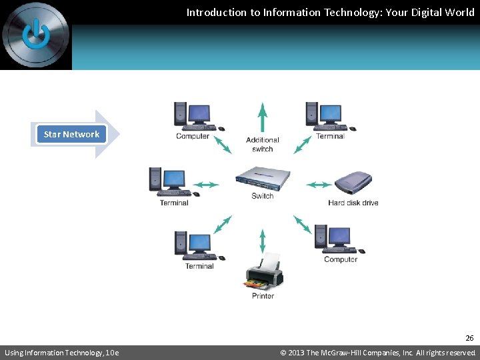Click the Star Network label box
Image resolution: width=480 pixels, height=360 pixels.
tap(71, 134)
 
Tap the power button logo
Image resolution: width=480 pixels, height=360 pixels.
tap(35, 34)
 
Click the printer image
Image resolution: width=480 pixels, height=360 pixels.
tap(265, 271)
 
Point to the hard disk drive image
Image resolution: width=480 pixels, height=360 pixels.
tap(353, 182)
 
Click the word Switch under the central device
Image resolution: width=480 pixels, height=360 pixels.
tap(263, 196)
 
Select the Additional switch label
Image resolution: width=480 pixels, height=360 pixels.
tap(263, 144)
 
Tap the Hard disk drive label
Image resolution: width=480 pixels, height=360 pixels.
tap(353, 203)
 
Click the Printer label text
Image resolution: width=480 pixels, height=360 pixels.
tap(263, 296)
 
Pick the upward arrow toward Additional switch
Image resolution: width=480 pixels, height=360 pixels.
tap(263, 117)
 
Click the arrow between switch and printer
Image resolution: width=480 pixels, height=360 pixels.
tap(263, 241)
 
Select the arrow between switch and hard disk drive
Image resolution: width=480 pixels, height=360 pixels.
tap(319, 185)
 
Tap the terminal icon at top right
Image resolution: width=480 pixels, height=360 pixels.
tap(329, 116)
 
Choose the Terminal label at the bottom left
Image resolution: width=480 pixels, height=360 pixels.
tap(199, 266)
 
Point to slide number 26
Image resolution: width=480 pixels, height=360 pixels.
tap(469, 338)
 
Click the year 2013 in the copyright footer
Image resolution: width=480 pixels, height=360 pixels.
tap(296, 353)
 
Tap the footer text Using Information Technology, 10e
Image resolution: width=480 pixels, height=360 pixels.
tap(62, 353)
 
